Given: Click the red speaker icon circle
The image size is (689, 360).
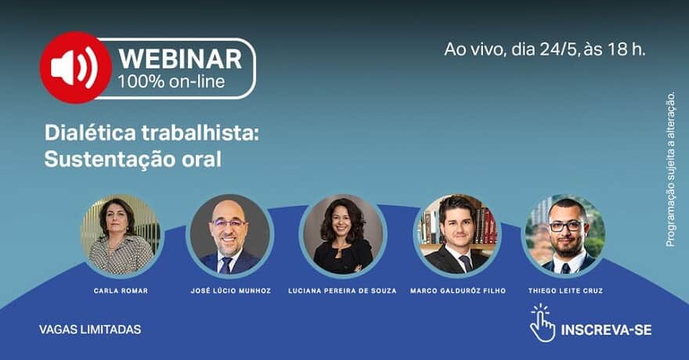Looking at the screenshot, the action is pyautogui.click(x=76, y=67).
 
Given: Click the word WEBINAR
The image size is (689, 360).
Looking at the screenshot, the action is pyautogui.click(x=180, y=59).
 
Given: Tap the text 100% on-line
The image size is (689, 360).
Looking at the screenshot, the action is pyautogui.click(x=171, y=81).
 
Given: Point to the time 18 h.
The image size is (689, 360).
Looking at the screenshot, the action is pyautogui.click(x=626, y=49).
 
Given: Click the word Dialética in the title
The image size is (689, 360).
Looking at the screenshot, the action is pyautogui.click(x=90, y=133).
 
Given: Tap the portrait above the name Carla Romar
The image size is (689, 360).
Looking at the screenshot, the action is pyautogui.click(x=121, y=235).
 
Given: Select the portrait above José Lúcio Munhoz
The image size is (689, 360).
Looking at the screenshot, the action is pyautogui.click(x=230, y=235).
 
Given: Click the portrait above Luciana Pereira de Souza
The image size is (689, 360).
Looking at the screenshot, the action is pyautogui.click(x=343, y=235).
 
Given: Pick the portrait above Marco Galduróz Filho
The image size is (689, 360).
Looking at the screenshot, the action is pyautogui.click(x=457, y=235).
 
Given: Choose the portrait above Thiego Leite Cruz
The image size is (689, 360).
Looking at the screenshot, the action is pyautogui.click(x=565, y=235).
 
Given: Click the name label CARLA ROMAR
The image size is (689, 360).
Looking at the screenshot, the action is pyautogui.click(x=121, y=290).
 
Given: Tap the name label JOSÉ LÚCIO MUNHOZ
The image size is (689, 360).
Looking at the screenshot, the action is pyautogui.click(x=231, y=290).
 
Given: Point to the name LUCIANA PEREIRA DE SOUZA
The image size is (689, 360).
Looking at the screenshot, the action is pyautogui.click(x=342, y=290).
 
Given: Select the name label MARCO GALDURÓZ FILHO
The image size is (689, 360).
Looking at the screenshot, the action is pyautogui.click(x=458, y=290).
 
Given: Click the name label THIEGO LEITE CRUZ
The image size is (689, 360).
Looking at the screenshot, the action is pyautogui.click(x=565, y=290).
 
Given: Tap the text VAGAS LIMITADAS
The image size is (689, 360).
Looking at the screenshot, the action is pyautogui.click(x=90, y=329).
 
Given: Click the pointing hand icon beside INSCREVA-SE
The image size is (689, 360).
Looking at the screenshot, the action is pyautogui.click(x=543, y=323).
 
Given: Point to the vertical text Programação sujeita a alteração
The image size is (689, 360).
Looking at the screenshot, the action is pyautogui.click(x=670, y=169).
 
